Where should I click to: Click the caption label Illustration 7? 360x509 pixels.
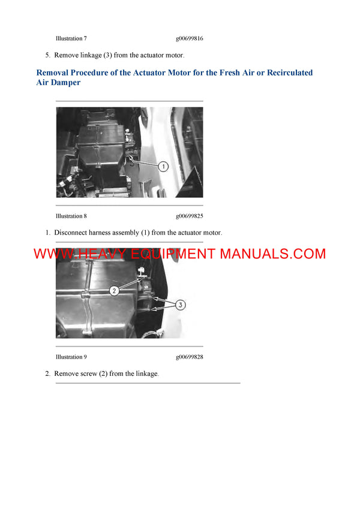[71, 38]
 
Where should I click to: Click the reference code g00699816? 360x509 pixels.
[189, 38]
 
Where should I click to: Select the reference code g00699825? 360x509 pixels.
[189, 216]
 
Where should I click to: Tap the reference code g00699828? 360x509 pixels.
[189, 357]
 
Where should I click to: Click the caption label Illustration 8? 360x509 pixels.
[71, 216]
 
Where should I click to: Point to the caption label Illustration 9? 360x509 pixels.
[71, 357]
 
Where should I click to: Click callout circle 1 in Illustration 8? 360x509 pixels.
[163, 166]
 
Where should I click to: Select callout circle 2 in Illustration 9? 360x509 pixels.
[114, 290]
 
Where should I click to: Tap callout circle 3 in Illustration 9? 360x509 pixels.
[181, 305]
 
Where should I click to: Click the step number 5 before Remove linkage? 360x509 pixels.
[48, 55]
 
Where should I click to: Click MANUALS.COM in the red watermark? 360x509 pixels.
[272, 254]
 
